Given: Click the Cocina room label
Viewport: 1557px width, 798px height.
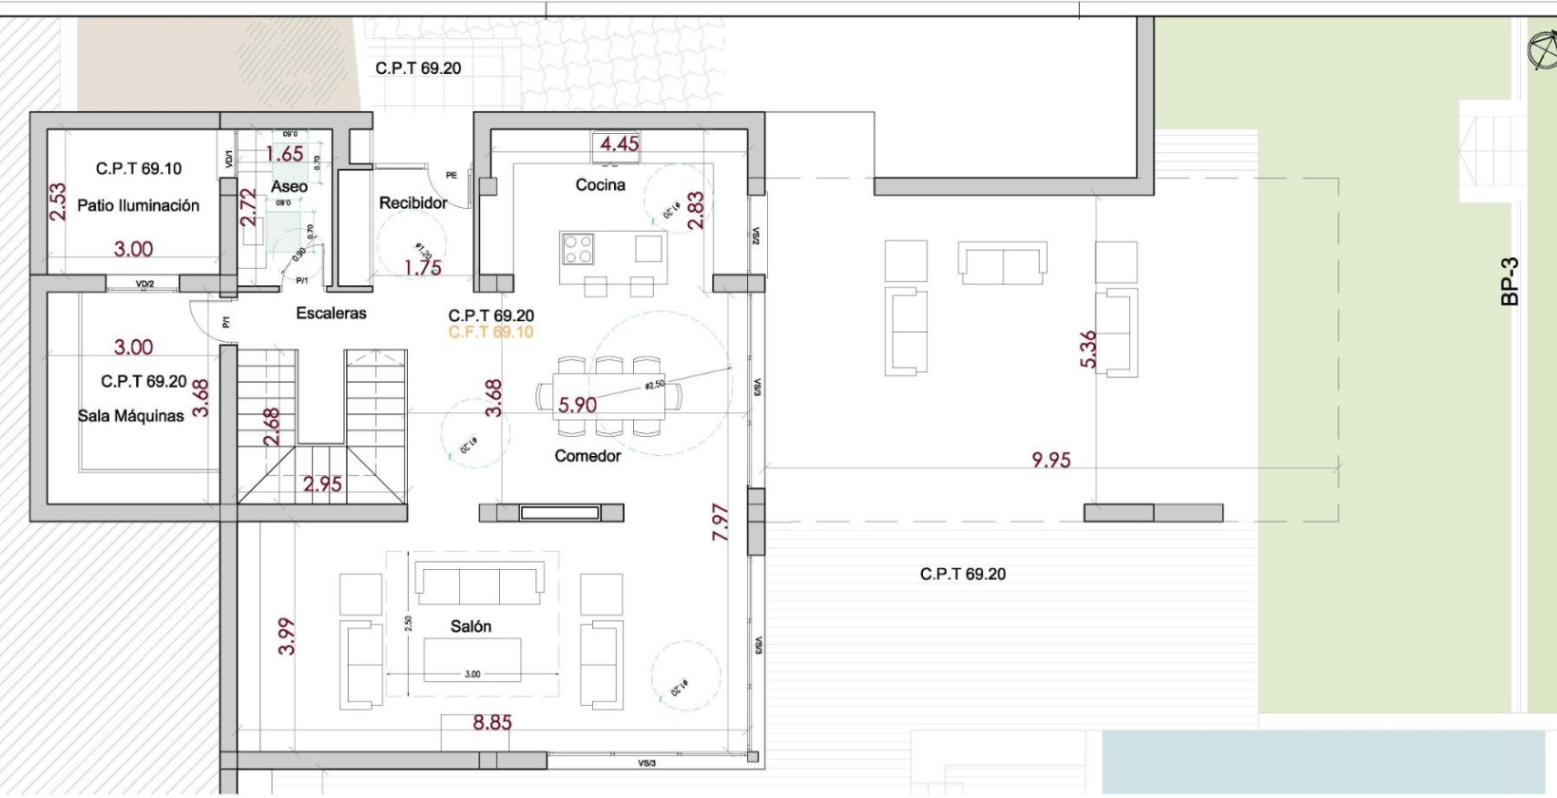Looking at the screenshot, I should pyautogui.click(x=600, y=184).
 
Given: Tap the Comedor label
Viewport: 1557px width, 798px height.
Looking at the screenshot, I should pyautogui.click(x=587, y=456).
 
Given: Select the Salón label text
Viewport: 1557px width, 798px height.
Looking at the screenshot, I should pyautogui.click(x=471, y=626).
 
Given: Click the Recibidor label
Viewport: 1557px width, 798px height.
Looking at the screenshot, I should pyautogui.click(x=413, y=202).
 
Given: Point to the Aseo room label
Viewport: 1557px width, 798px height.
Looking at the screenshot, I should pyautogui.click(x=289, y=186).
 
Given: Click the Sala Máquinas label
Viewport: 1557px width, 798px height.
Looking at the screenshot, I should pyautogui.click(x=130, y=416).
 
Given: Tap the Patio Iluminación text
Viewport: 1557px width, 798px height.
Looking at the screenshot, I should pyautogui.click(x=138, y=205).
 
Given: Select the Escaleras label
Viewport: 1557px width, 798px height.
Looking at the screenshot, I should pyautogui.click(x=331, y=313).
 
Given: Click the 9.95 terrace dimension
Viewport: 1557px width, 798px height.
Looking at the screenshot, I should pyautogui.click(x=1050, y=460).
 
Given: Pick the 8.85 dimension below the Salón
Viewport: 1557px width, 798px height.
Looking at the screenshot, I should pyautogui.click(x=491, y=723).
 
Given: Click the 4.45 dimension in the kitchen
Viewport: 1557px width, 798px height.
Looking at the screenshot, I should pyautogui.click(x=620, y=144).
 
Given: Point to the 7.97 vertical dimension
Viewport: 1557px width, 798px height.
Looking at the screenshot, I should pyautogui.click(x=721, y=522).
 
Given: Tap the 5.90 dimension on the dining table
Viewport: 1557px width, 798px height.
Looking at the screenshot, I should pyautogui.click(x=577, y=405).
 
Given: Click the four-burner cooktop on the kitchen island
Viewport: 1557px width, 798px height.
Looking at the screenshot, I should pyautogui.click(x=578, y=248).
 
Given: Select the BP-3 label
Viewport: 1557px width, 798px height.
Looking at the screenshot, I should pyautogui.click(x=1509, y=281).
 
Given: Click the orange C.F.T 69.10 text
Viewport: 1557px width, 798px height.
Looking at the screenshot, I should pyautogui.click(x=490, y=332).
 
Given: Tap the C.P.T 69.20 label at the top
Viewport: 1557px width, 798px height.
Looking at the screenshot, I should pyautogui.click(x=418, y=68).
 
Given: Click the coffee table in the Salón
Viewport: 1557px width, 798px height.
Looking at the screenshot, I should pyautogui.click(x=472, y=659).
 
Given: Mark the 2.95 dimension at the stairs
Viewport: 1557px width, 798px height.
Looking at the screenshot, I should pyautogui.click(x=322, y=484).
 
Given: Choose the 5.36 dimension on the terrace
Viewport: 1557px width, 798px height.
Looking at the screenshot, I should pyautogui.click(x=1089, y=349).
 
